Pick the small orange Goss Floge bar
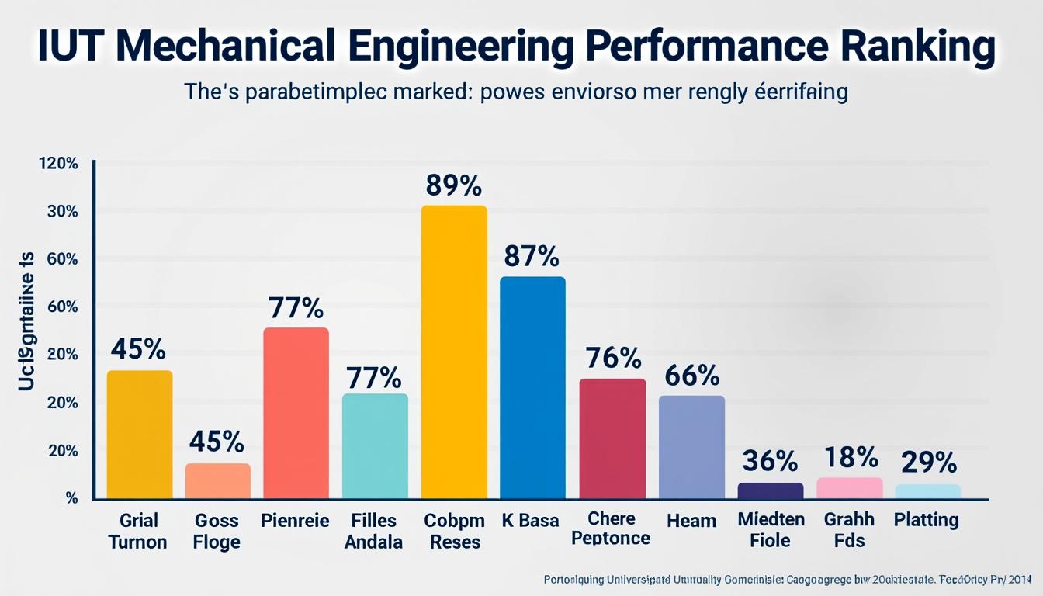[217, 480]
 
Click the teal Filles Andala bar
[375, 445]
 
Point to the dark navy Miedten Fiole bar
[770, 490]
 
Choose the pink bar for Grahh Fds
[850, 487]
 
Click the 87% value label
[531, 255]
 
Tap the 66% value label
[692, 376]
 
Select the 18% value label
[851, 458]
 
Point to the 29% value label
[929, 463]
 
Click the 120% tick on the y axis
[58, 164]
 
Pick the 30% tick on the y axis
[63, 212]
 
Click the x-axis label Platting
[926, 520]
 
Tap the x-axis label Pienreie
[296, 520]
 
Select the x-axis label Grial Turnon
[138, 530]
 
